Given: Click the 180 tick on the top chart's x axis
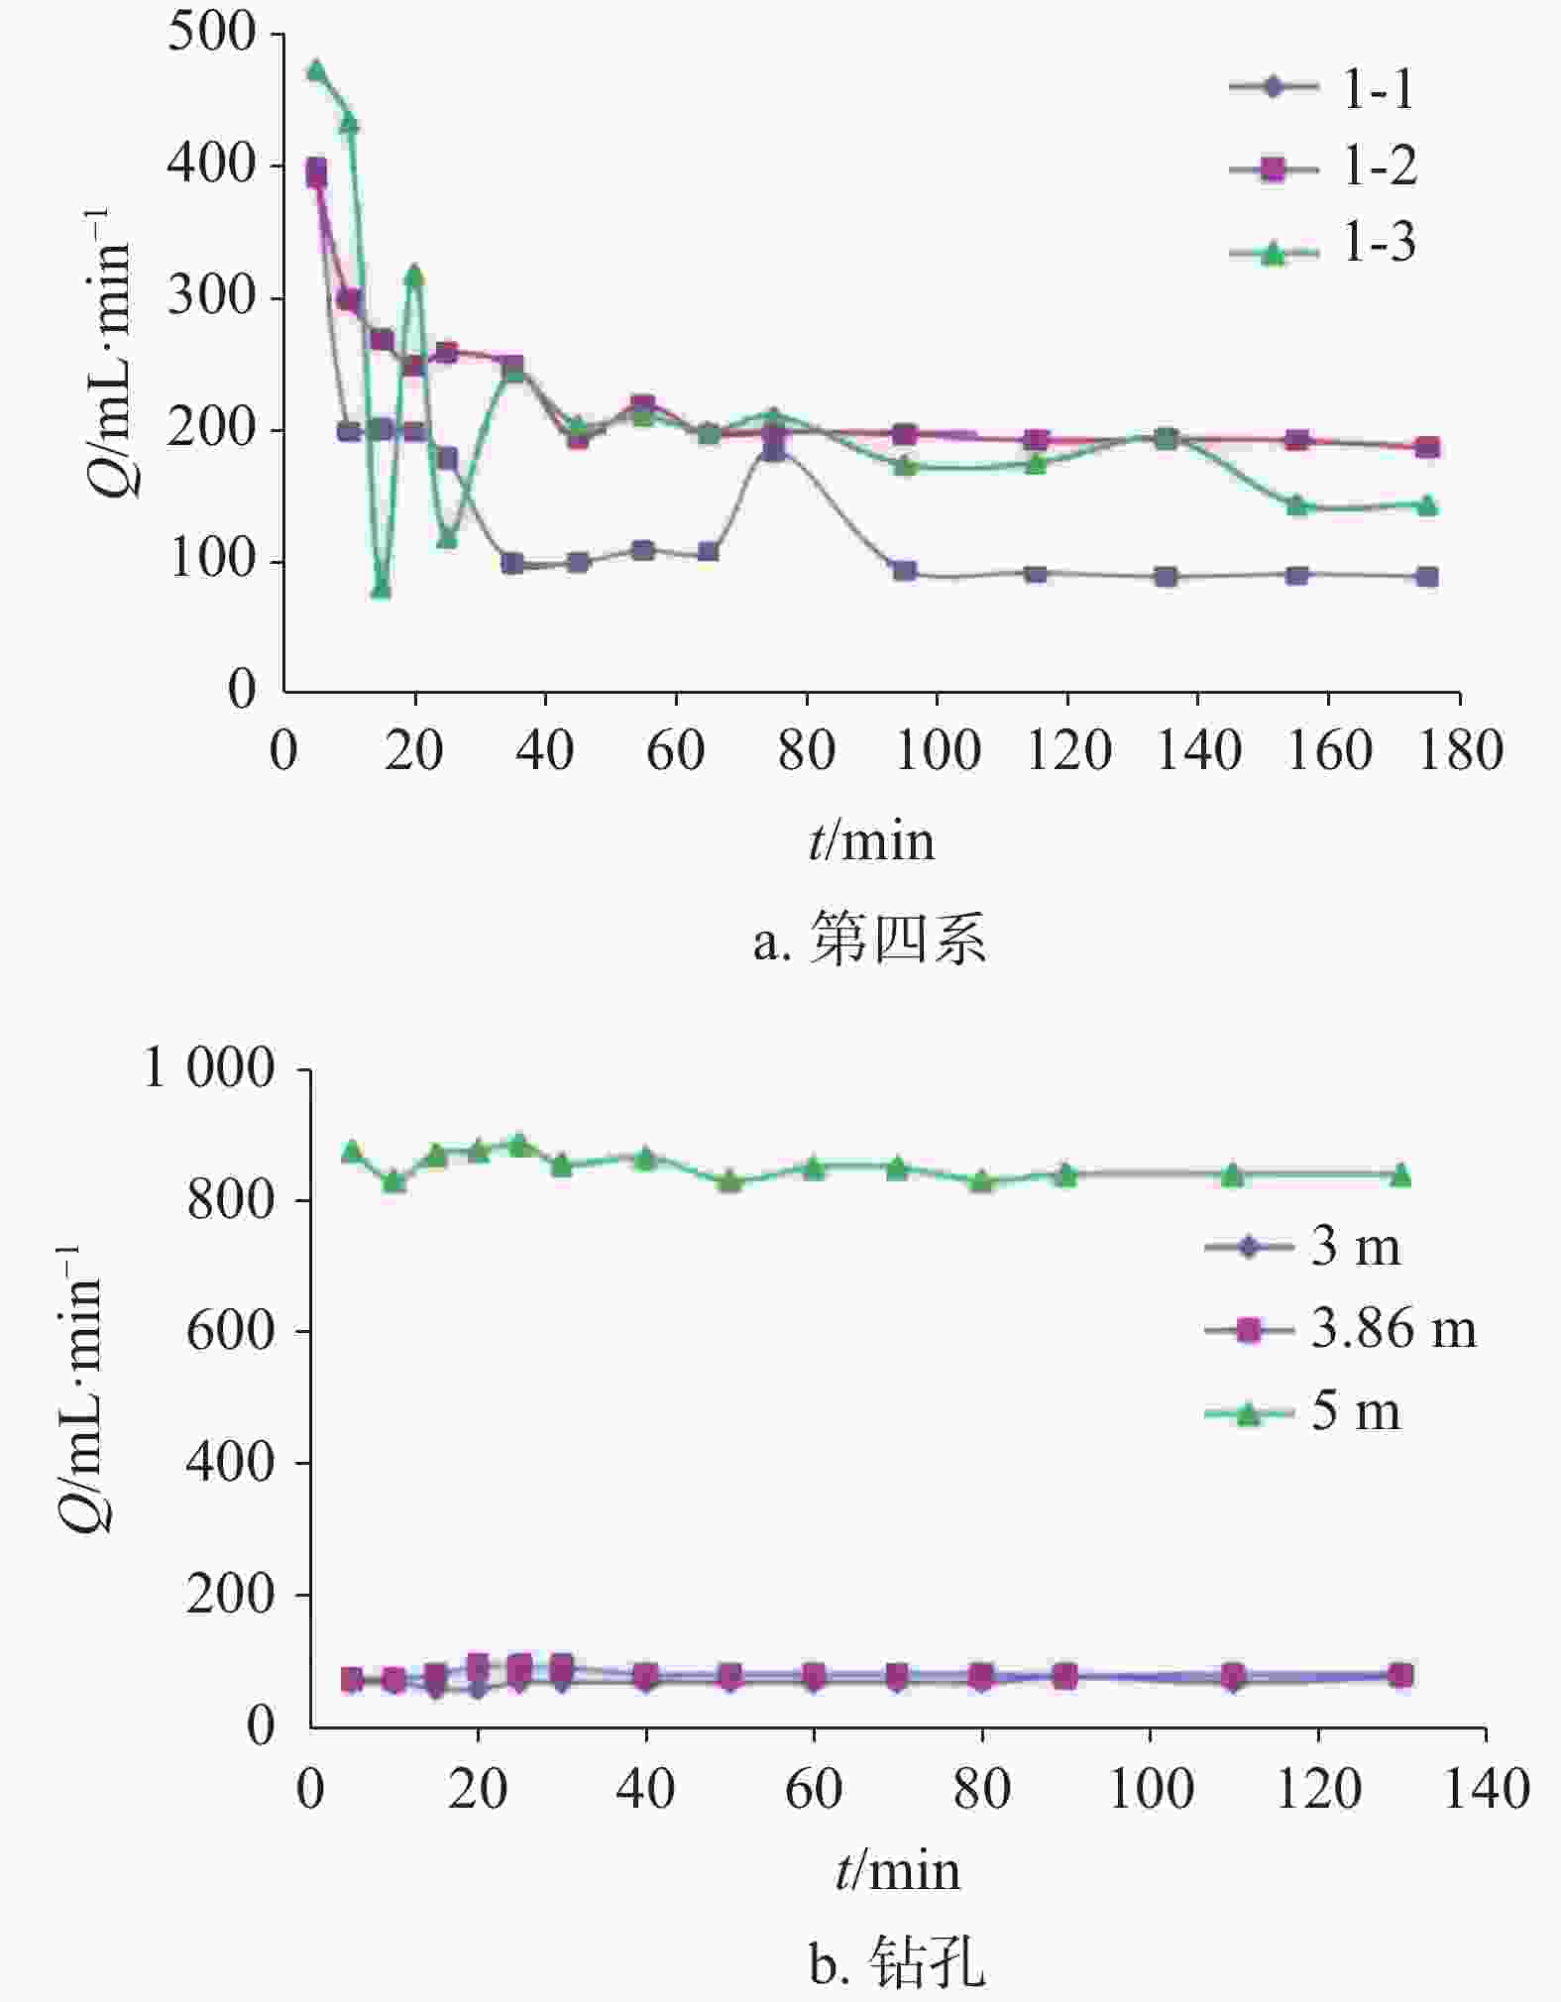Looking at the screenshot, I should point(1460,750).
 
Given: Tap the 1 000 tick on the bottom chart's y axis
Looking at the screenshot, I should point(209,1069).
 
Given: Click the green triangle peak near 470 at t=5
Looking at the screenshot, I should point(316,71).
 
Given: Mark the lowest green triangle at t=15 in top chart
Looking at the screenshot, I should point(381,589).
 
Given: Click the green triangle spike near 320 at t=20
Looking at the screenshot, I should point(414,275).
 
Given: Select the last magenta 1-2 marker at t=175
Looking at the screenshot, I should point(1426,447).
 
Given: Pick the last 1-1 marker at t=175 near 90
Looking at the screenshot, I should point(1426,577).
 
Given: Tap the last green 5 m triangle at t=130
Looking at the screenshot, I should point(1400,1175).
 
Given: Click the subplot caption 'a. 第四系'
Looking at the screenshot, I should point(869,939).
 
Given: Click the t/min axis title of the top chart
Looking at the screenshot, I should point(871,841).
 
